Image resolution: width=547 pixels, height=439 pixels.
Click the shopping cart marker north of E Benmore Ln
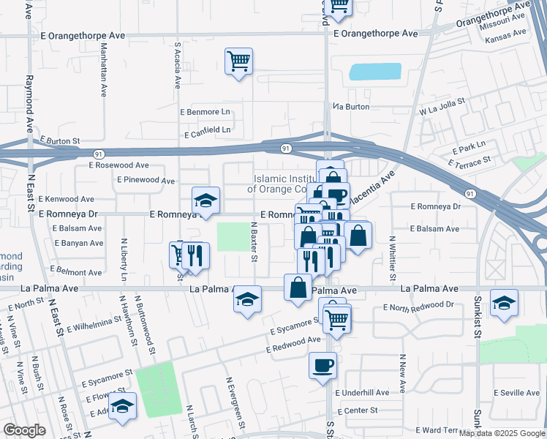pos(238,61)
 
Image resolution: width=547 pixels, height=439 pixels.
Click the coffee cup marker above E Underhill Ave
pos(323,365)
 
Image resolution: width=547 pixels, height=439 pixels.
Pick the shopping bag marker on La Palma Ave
pos(298,288)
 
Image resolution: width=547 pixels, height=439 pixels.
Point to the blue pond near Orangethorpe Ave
pos(375,72)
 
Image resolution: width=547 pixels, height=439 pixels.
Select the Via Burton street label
pos(352,107)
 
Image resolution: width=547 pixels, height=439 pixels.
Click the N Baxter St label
pos(254,242)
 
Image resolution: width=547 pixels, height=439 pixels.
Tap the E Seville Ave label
pos(516,393)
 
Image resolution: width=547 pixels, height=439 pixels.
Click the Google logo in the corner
pos(24,429)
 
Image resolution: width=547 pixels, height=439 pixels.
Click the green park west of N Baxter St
pos(233,236)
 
